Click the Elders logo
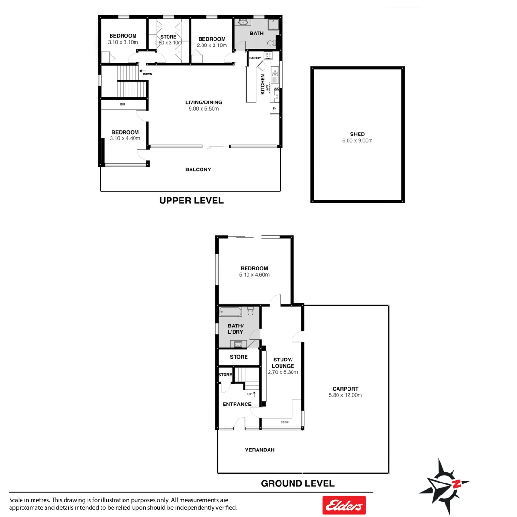[x=344, y=505]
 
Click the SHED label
[x=357, y=135]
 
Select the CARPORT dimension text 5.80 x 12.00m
[x=345, y=395]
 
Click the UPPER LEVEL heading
[x=191, y=201]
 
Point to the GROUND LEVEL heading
[x=297, y=483]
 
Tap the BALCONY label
[x=198, y=169]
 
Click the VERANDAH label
[x=259, y=450]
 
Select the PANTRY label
[x=255, y=58]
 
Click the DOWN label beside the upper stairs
[x=147, y=74]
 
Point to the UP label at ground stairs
[x=250, y=394]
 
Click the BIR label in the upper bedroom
[x=123, y=104]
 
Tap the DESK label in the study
[x=284, y=422]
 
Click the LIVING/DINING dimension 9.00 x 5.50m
[x=204, y=109]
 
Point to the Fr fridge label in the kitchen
[x=274, y=109]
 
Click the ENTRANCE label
[x=237, y=404]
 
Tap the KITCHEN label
[x=263, y=84]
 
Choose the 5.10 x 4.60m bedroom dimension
[x=254, y=275]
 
